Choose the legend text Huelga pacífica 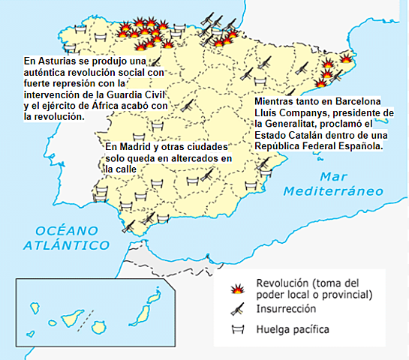(x=293, y=328)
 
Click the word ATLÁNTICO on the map (x=62, y=245)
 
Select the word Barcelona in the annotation (x=356, y=101)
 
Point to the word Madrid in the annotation (x=136, y=148)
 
